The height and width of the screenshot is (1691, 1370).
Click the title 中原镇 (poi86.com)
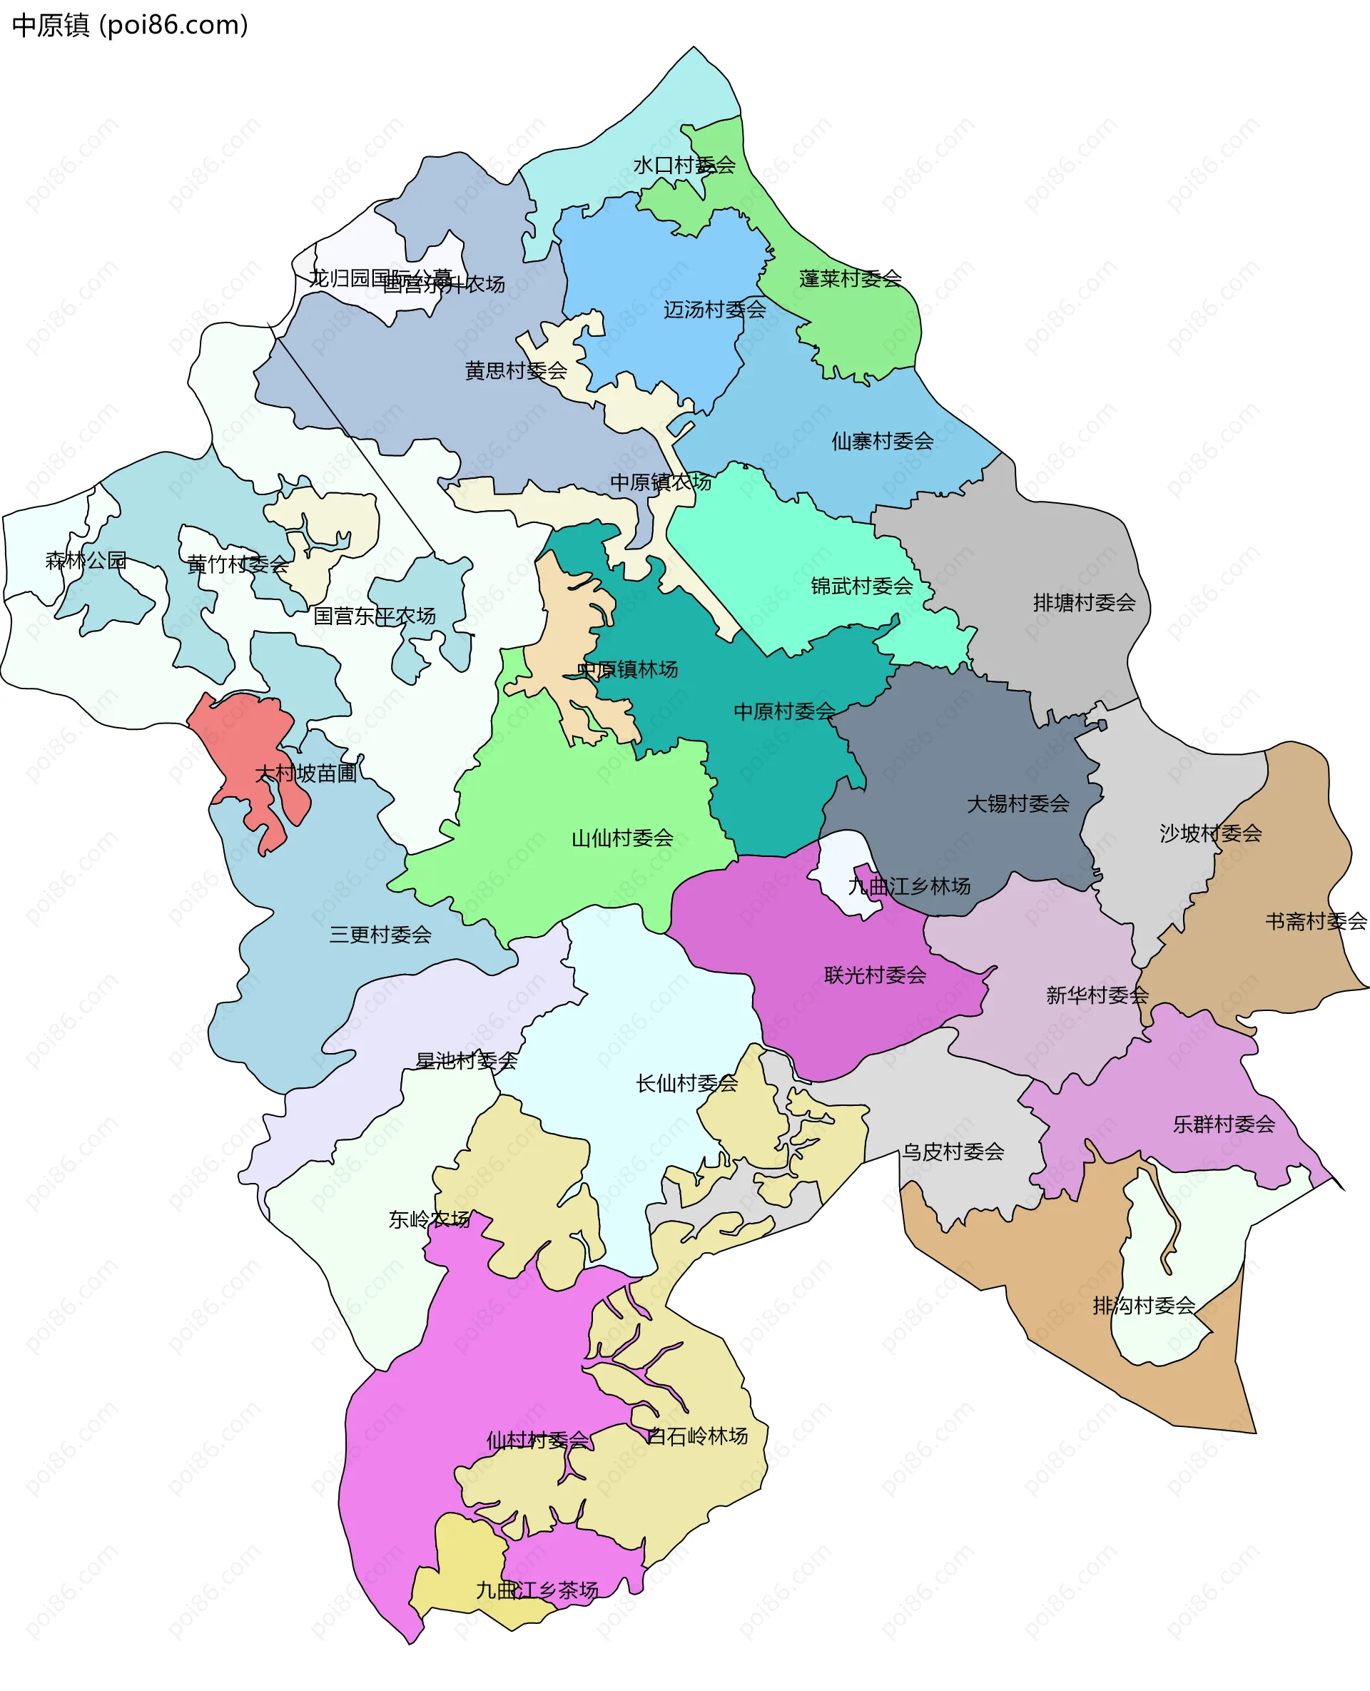tap(130, 25)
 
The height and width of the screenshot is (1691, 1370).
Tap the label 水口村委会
tap(684, 165)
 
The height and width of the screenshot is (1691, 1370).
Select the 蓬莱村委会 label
tap(850, 278)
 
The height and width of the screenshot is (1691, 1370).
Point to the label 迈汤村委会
tap(714, 310)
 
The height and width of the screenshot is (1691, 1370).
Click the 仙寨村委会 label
tap(881, 441)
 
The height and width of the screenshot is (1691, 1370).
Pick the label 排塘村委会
tap(1084, 603)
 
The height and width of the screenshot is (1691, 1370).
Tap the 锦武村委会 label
tap(861, 586)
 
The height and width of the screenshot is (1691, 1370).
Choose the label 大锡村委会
tap(1018, 803)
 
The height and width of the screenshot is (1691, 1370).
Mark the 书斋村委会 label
tap(1316, 921)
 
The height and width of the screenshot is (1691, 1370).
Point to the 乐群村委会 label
tap(1223, 1124)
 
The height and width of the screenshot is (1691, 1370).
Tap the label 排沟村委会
tap(1144, 1305)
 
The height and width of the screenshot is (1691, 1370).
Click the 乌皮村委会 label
tap(953, 1152)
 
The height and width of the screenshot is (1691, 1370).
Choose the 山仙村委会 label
tap(622, 837)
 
